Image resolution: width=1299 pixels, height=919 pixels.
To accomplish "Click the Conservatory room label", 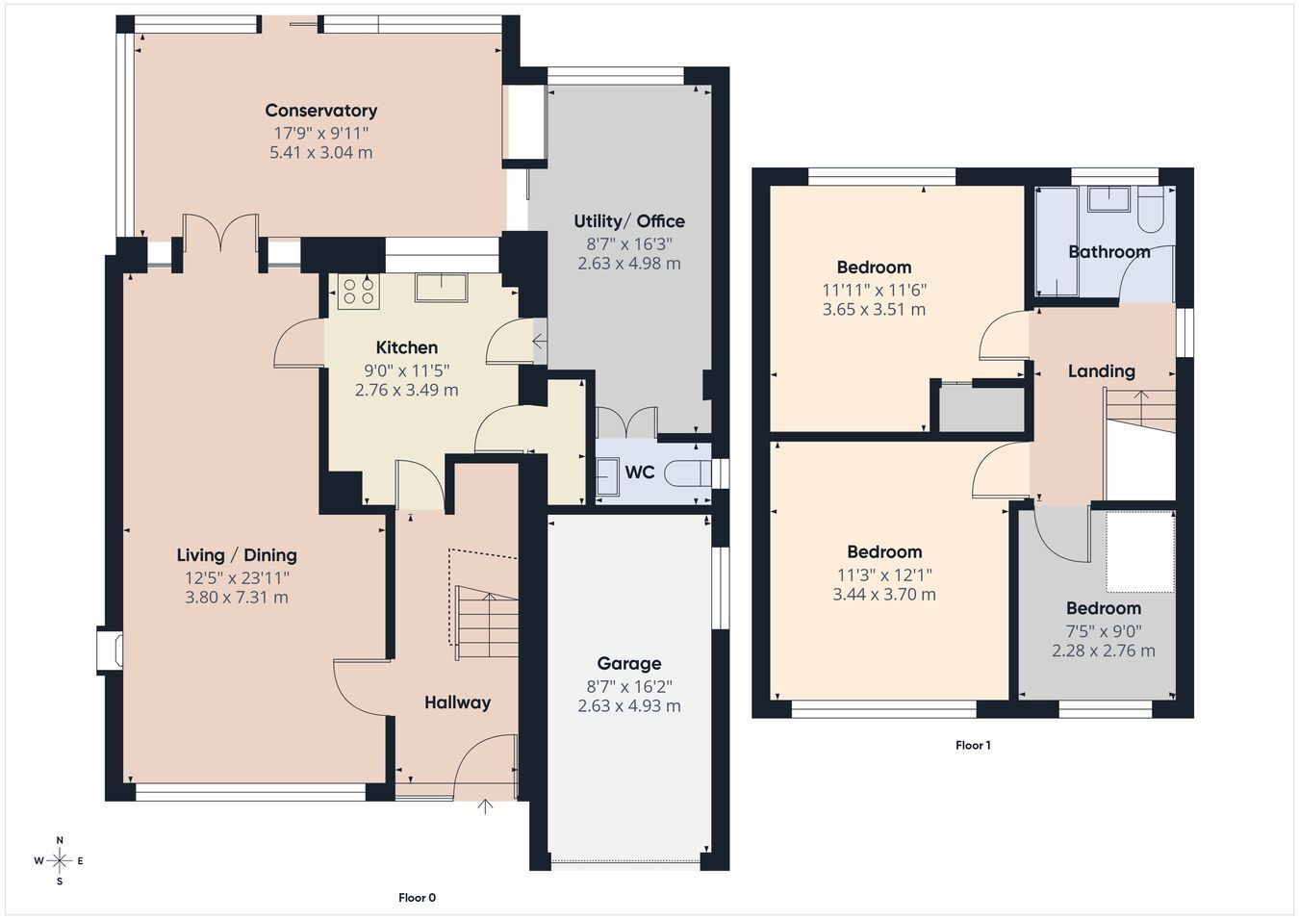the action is pyautogui.click(x=320, y=110).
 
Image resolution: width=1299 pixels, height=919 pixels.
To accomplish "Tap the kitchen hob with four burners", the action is pyautogui.click(x=358, y=292).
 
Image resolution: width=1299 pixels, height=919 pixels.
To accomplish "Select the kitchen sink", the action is pyautogui.click(x=442, y=288).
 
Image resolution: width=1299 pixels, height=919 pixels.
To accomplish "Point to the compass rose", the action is pyautogui.click(x=59, y=860).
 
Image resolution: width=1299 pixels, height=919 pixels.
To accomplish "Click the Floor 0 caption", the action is pyautogui.click(x=417, y=898).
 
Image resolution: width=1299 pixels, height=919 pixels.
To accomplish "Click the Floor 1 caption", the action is pyautogui.click(x=973, y=745).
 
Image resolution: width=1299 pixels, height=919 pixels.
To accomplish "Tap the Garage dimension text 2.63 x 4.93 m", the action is pyautogui.click(x=629, y=705).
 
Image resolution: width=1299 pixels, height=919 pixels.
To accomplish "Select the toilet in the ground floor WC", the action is pyautogui.click(x=688, y=473).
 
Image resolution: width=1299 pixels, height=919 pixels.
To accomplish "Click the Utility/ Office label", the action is pyautogui.click(x=629, y=221).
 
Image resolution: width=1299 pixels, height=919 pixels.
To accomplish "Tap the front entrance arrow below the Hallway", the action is pyautogui.click(x=485, y=806).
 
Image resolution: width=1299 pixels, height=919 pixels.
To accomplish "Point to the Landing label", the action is pyautogui.click(x=1101, y=371).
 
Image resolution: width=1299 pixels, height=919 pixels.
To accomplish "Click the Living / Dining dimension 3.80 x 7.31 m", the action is pyautogui.click(x=237, y=598).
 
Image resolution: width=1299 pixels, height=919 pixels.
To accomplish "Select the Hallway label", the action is pyautogui.click(x=458, y=702).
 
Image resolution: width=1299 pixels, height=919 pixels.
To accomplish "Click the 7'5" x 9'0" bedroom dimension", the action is pyautogui.click(x=1104, y=631).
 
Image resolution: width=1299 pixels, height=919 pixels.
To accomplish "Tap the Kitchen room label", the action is pyautogui.click(x=406, y=347).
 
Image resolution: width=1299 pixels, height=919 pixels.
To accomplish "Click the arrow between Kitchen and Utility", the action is pyautogui.click(x=539, y=341).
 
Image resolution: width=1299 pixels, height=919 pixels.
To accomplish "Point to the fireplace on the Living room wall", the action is pyautogui.click(x=110, y=650).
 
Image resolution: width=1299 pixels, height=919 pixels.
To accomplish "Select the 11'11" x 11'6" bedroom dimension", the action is pyautogui.click(x=874, y=290).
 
